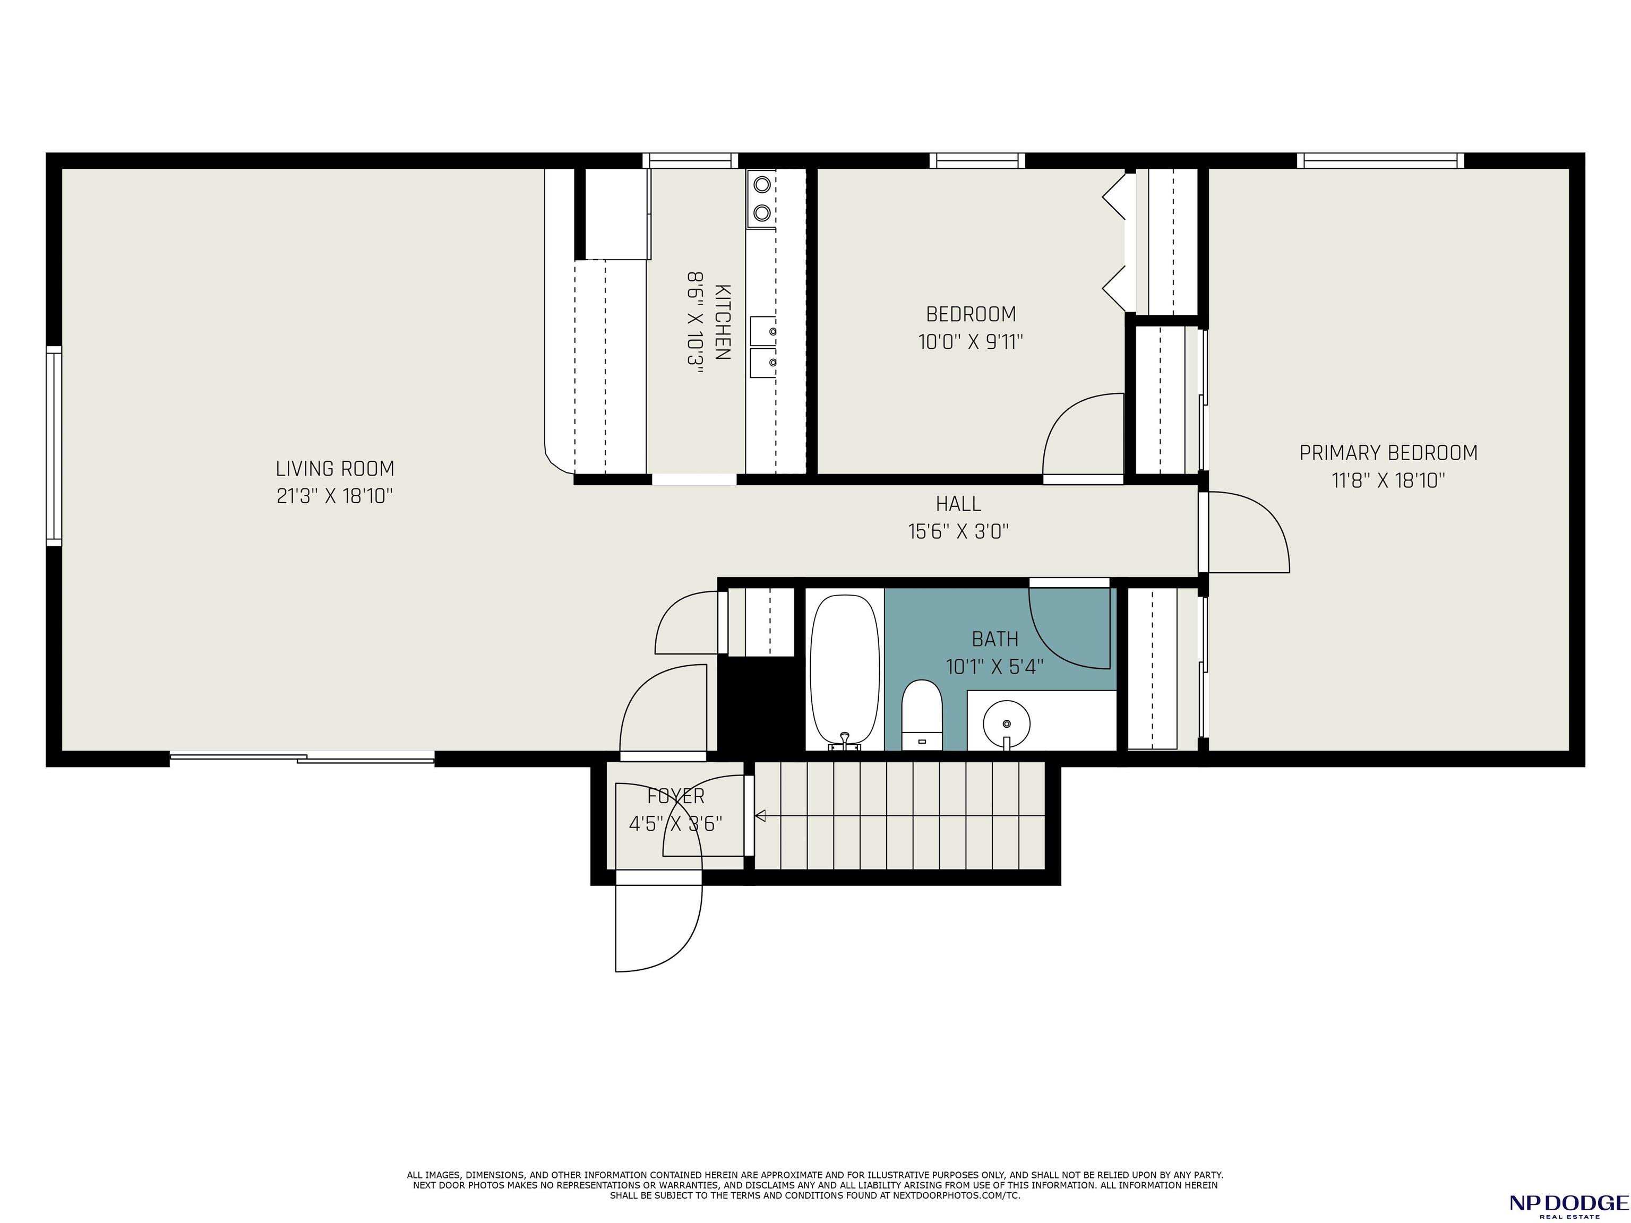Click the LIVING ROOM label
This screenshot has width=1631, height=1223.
tap(335, 469)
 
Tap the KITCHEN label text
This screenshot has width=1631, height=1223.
tap(723, 322)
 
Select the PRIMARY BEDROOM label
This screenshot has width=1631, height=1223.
tap(1388, 453)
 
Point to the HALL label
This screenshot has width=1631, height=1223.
tap(958, 504)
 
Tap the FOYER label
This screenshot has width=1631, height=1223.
tap(675, 796)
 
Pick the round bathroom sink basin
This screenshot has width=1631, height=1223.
tap(1007, 724)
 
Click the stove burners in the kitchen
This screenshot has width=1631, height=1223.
tap(762, 199)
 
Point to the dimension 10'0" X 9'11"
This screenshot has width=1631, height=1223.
tap(971, 342)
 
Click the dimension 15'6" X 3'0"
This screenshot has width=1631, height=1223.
tap(958, 531)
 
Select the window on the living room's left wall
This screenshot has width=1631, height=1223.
tap(54, 446)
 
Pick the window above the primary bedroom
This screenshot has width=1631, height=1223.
tap(1380, 161)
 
